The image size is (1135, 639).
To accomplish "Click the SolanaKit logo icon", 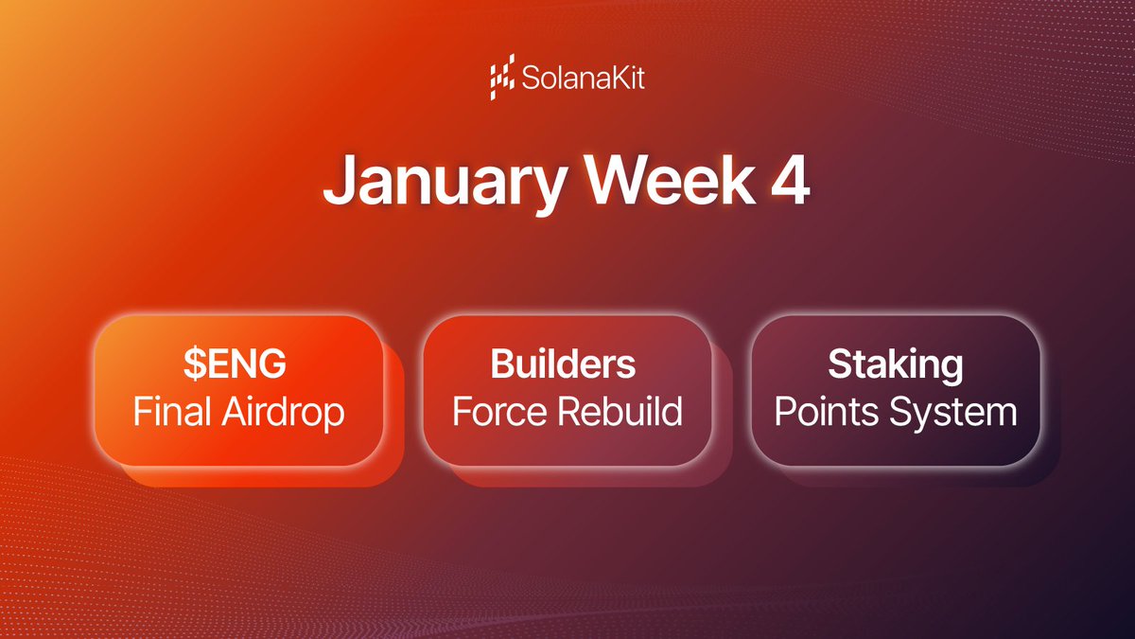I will point(502,80).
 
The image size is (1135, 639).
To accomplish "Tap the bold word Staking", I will point(895,364).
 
